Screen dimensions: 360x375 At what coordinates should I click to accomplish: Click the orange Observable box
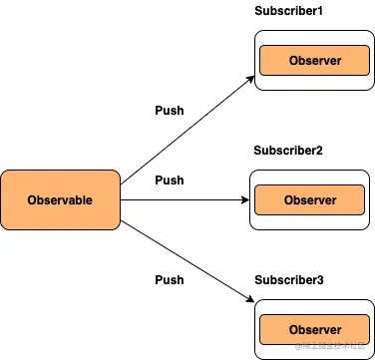point(61,199)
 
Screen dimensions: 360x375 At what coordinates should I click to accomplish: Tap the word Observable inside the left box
point(61,200)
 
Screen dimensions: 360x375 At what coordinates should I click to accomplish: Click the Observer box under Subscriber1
point(314,61)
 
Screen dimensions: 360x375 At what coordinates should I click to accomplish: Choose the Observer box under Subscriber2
point(309,200)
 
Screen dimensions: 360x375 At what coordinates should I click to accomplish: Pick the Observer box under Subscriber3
point(314,330)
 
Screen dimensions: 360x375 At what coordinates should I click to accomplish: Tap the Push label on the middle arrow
point(170,180)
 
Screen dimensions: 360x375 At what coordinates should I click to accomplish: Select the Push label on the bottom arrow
point(170,280)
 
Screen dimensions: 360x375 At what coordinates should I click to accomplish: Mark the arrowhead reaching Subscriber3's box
point(248,298)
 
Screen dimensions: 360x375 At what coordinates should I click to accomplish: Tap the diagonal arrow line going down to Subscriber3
point(185,256)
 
